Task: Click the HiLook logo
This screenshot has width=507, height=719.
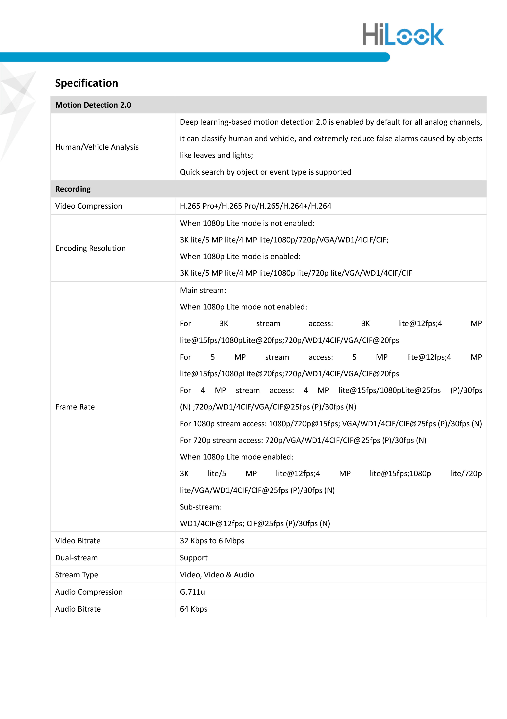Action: coord(403,34)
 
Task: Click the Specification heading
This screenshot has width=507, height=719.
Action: coord(87,83)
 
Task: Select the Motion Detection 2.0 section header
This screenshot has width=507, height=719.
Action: coord(93,105)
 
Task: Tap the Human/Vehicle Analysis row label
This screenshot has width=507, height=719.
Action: coord(97,147)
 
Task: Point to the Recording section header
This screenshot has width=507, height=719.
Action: coord(73,189)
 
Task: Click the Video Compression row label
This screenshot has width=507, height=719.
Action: coord(89,206)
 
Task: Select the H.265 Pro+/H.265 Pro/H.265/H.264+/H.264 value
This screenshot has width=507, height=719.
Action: coord(255,206)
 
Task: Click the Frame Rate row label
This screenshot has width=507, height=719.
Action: coord(75,407)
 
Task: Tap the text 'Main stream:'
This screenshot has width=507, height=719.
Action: coord(203,290)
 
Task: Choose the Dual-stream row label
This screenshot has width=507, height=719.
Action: coord(77,558)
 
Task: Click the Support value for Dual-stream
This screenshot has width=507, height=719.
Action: coord(194,558)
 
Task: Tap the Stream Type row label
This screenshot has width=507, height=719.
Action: coord(77,575)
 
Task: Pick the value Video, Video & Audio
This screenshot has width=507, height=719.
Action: coord(217,575)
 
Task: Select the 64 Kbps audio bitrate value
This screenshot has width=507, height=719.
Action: coord(193,609)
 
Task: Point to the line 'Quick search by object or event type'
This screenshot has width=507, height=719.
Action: coord(265,172)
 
